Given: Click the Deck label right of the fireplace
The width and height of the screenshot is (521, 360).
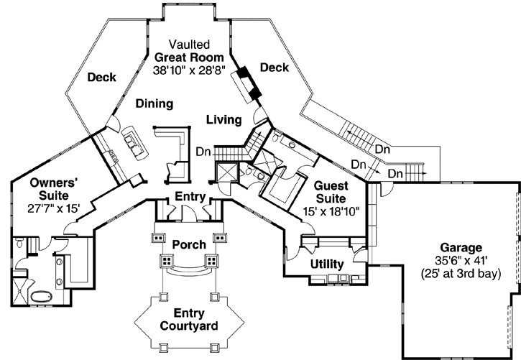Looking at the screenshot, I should click(274, 68).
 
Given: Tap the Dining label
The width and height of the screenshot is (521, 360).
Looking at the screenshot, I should click(155, 103).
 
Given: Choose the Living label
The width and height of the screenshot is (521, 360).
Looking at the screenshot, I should click(223, 119).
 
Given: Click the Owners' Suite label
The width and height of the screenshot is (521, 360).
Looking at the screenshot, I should click(49, 189).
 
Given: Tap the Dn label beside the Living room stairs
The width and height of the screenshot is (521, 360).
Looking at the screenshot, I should click(203, 152).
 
